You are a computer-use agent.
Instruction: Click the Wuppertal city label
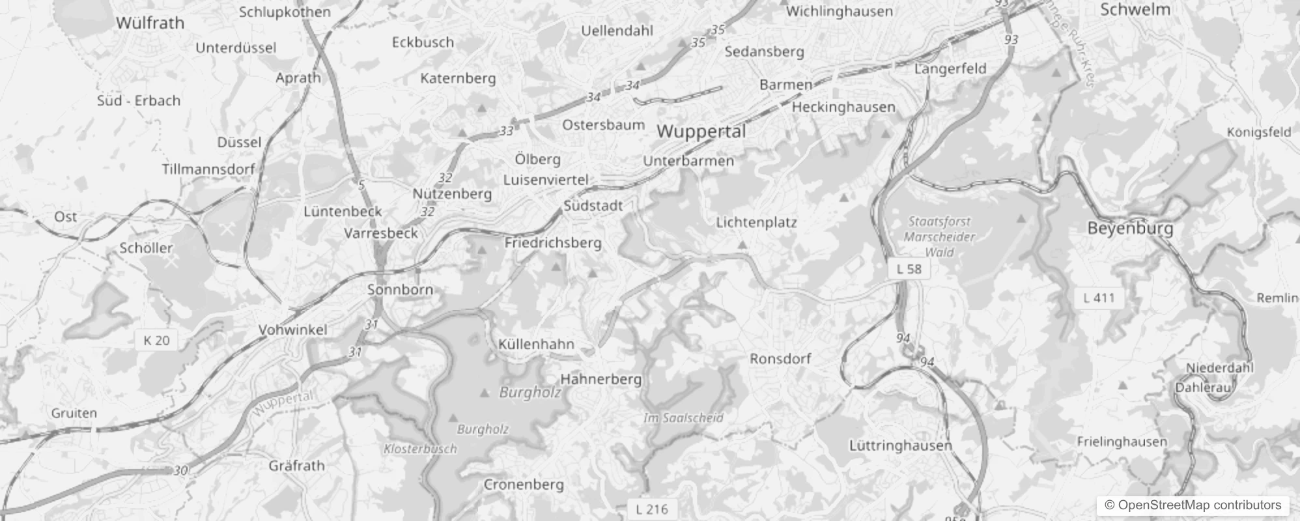(701, 132)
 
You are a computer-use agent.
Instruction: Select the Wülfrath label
(150, 23)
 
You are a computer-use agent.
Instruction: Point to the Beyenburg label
(1130, 229)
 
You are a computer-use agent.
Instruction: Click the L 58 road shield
(909, 268)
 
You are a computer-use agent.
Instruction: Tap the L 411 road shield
(1099, 298)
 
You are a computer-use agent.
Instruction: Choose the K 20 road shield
(156, 340)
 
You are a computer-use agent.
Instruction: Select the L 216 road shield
(651, 509)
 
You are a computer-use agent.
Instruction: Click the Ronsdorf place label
(780, 359)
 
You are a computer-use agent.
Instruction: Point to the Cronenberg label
(523, 485)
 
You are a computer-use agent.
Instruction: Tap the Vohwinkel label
(292, 330)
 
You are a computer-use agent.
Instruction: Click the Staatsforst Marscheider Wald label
(939, 237)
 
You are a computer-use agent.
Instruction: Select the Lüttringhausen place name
(900, 445)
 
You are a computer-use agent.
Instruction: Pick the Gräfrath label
(296, 466)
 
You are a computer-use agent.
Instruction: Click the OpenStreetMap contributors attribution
(1192, 505)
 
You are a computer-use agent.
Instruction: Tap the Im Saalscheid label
(683, 417)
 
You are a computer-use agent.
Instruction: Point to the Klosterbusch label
(420, 449)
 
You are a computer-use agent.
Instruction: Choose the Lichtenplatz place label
(756, 222)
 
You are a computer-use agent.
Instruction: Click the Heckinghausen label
(843, 107)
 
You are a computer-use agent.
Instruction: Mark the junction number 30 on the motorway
(180, 470)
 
